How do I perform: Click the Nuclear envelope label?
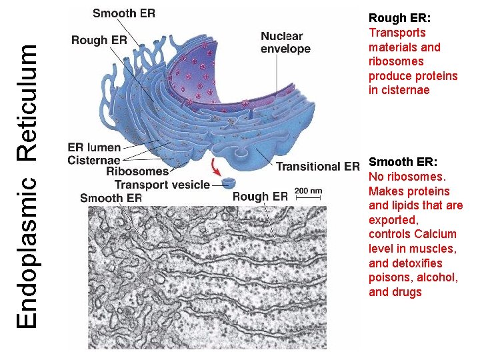285,43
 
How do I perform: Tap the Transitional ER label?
318,167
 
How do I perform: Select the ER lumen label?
94,148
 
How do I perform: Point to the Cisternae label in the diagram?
94,160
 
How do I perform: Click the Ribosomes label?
137,172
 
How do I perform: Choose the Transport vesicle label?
162,185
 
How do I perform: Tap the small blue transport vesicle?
229,182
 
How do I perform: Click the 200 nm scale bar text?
308,191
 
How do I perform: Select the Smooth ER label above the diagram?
124,13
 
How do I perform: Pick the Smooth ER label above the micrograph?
111,198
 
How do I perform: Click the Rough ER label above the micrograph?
260,197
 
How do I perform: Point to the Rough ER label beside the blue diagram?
99,40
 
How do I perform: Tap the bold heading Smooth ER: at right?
403,162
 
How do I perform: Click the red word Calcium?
435,234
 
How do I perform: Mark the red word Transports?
397,33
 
